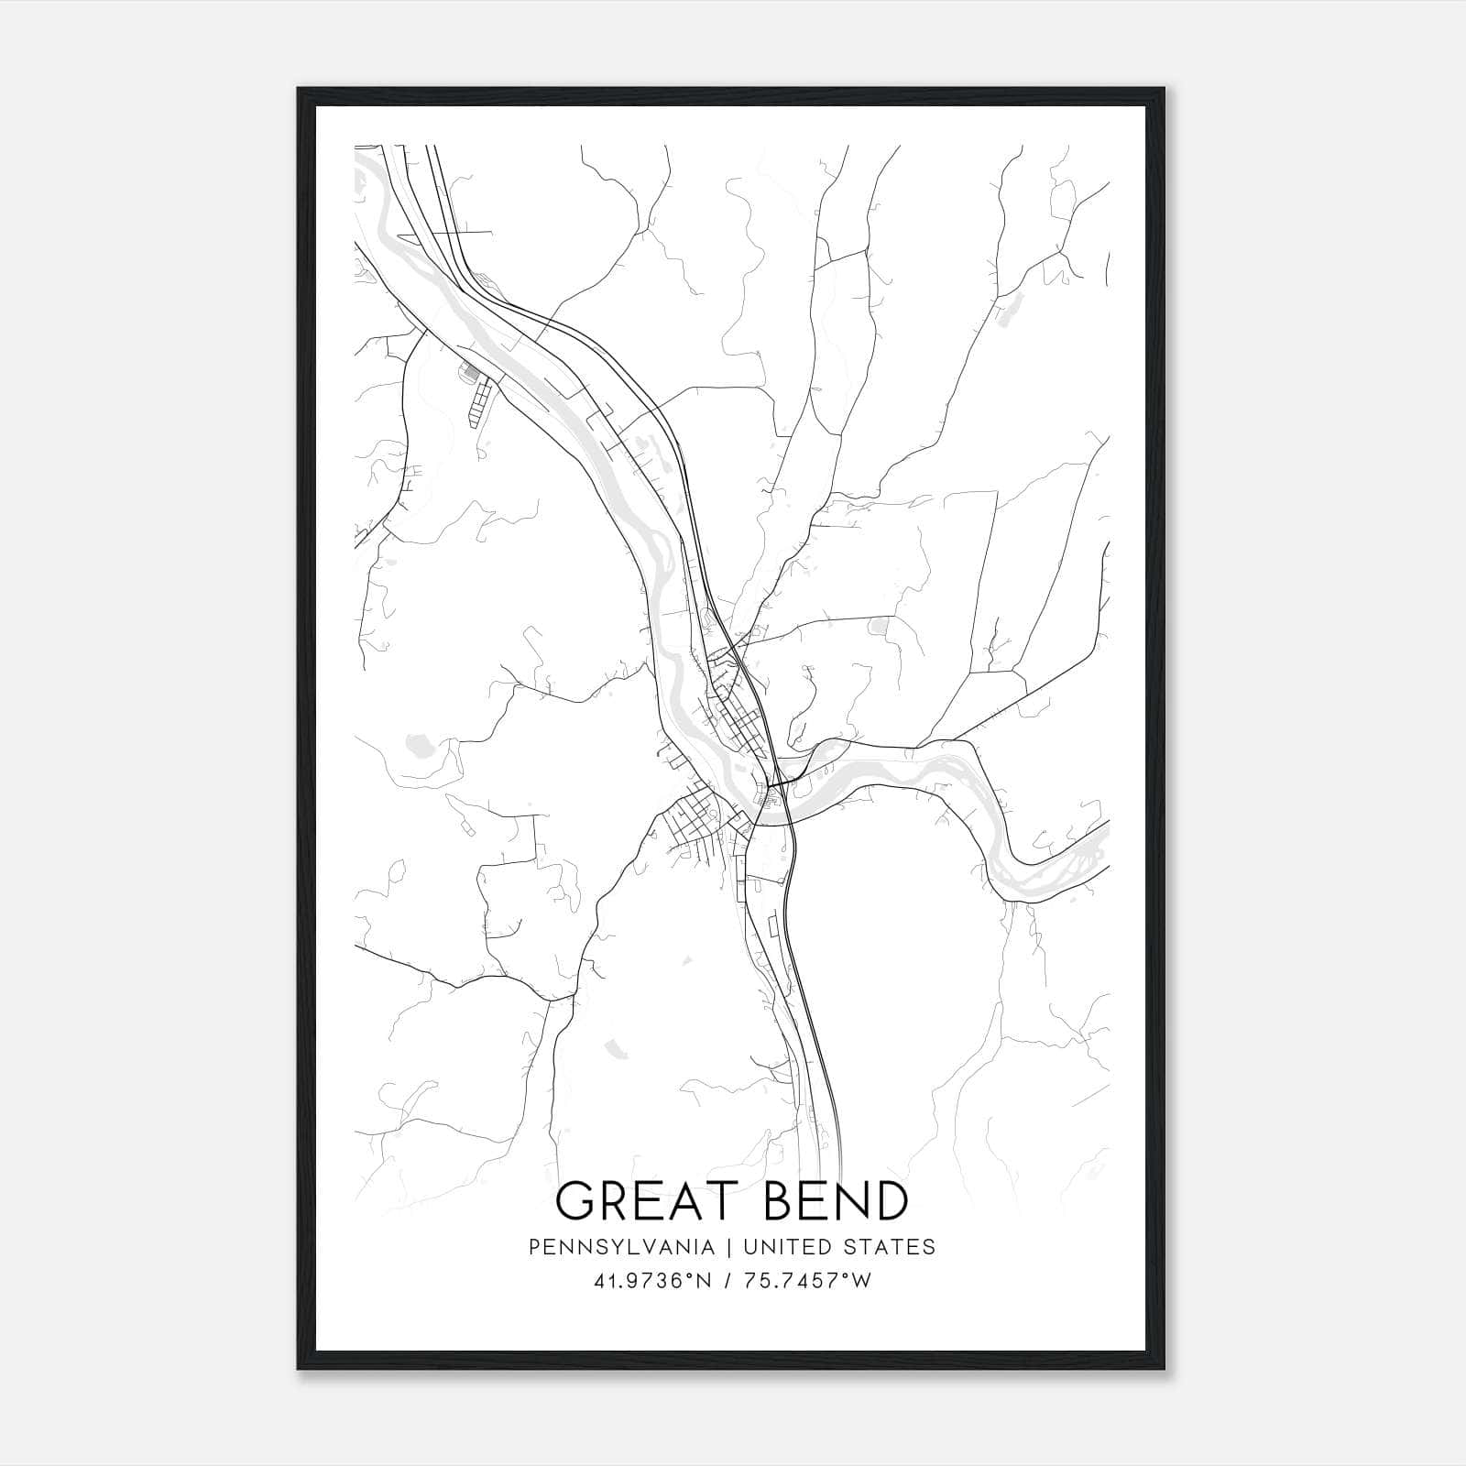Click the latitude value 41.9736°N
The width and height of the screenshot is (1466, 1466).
pyautogui.click(x=652, y=1282)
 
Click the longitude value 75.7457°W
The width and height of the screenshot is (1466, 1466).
pyautogui.click(x=807, y=1282)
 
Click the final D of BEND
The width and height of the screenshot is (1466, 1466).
pyautogui.click(x=889, y=1201)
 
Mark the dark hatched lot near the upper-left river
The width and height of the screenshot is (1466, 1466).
pyautogui.click(x=469, y=373)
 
